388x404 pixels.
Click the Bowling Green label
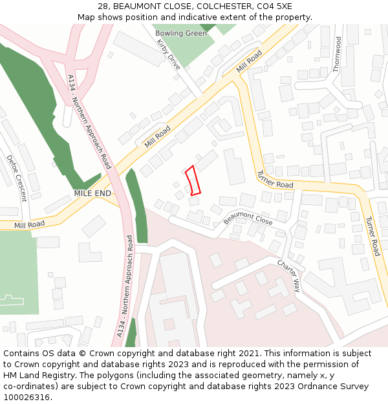(181, 33)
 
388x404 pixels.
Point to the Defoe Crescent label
(16, 178)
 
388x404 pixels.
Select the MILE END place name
(92, 193)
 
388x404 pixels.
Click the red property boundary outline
(192, 180)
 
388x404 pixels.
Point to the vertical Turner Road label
(372, 235)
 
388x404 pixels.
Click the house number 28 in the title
(103, 6)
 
